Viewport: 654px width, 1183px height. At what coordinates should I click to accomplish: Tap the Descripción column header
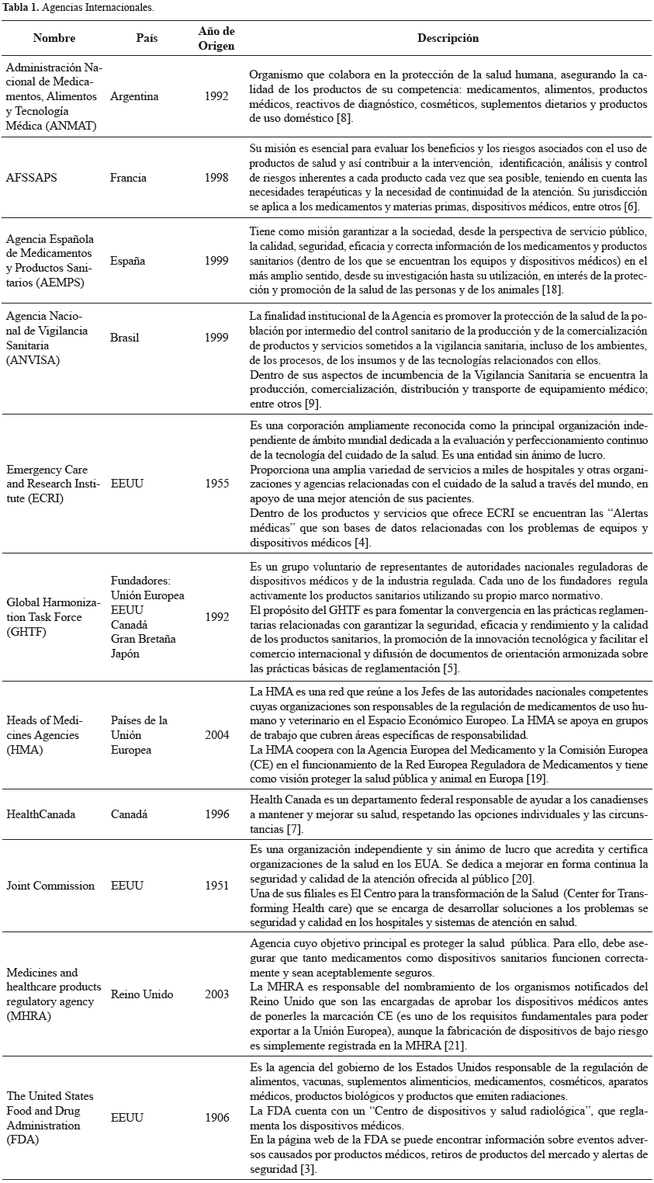point(448,37)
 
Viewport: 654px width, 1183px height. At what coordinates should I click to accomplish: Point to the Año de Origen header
point(216,37)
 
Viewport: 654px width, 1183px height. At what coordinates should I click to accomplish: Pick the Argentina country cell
point(134,97)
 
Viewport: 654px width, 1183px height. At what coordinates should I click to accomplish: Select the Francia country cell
point(128,178)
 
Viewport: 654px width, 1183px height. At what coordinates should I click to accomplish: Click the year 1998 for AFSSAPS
point(216,178)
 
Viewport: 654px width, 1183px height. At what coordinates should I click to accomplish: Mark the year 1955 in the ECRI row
point(216,484)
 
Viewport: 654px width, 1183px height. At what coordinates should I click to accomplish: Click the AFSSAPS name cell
point(32,178)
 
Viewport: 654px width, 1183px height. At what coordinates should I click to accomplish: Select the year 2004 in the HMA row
point(216,735)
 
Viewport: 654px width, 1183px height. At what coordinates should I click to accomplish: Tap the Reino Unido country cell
point(142,994)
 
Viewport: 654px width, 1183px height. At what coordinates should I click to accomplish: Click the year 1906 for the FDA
point(216,1118)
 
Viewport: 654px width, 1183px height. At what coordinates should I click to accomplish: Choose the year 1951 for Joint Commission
point(216,886)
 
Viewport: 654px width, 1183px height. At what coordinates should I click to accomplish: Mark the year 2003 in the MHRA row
point(216,994)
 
